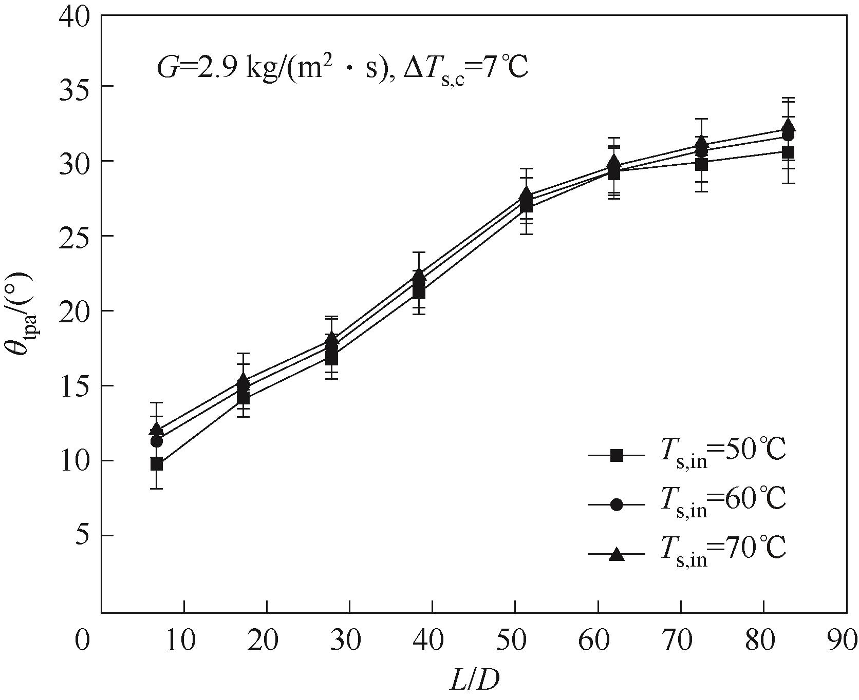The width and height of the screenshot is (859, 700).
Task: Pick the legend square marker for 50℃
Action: [616, 455]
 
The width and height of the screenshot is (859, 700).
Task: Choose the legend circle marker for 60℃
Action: [616, 505]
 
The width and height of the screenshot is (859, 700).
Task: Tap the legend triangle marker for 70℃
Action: [616, 554]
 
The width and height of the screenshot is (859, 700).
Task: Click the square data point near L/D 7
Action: [157, 464]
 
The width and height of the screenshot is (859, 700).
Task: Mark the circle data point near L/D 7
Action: [157, 441]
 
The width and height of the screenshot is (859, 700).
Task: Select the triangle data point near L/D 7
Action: [157, 429]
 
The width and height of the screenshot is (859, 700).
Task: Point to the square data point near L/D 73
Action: [702, 164]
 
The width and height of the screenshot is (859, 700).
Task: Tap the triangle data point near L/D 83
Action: [788, 126]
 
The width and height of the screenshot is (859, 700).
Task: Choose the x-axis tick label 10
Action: [183, 641]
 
